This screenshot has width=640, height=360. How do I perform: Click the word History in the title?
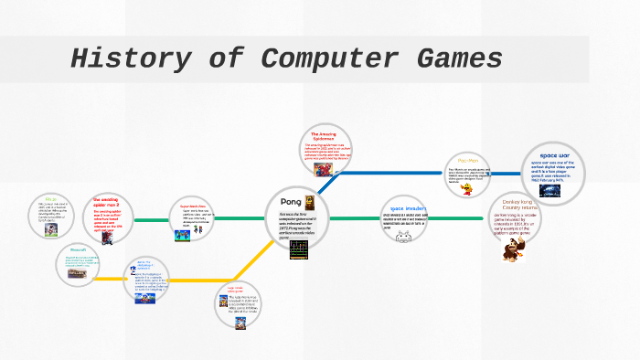pyautogui.click(x=128, y=59)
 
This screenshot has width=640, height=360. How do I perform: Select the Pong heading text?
pyautogui.click(x=291, y=200)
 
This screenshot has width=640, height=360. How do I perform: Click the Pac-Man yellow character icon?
pyautogui.click(x=468, y=188)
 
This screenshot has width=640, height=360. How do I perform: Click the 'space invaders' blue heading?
pyautogui.click(x=403, y=209)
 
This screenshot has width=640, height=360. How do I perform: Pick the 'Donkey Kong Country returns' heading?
pyautogui.click(x=517, y=205)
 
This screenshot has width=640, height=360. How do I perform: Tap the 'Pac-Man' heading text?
pyautogui.click(x=468, y=161)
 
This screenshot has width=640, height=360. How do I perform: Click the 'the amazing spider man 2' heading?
pyautogui.click(x=106, y=202)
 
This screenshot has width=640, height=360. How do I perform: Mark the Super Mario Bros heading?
pyautogui.click(x=194, y=206)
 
